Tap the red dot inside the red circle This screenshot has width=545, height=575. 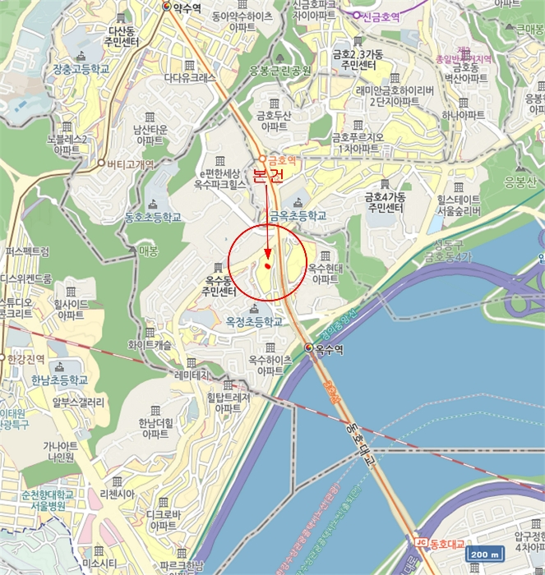tap(268, 265)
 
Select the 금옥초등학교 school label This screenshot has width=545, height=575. tap(298, 216)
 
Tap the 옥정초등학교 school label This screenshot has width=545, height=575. tap(253, 321)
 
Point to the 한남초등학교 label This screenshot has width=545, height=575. tap(59, 380)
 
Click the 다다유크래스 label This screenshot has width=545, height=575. tap(189, 78)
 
